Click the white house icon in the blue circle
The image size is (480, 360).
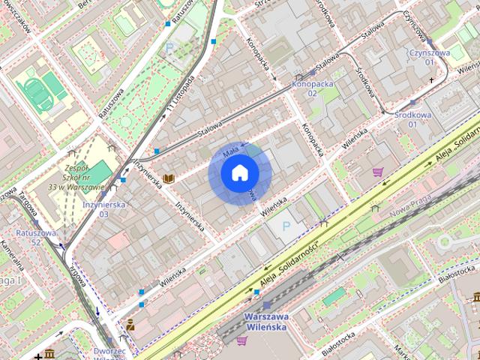239,173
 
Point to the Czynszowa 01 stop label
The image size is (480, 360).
429,57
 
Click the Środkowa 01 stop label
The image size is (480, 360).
412,119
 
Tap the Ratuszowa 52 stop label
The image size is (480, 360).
36,238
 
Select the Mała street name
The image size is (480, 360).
231,151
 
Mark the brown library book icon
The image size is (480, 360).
169,178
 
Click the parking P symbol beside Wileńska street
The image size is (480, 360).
284,225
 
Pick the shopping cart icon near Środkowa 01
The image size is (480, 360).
377,172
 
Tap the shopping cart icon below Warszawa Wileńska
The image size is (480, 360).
241,340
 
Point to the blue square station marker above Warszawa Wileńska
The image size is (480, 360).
267,305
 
